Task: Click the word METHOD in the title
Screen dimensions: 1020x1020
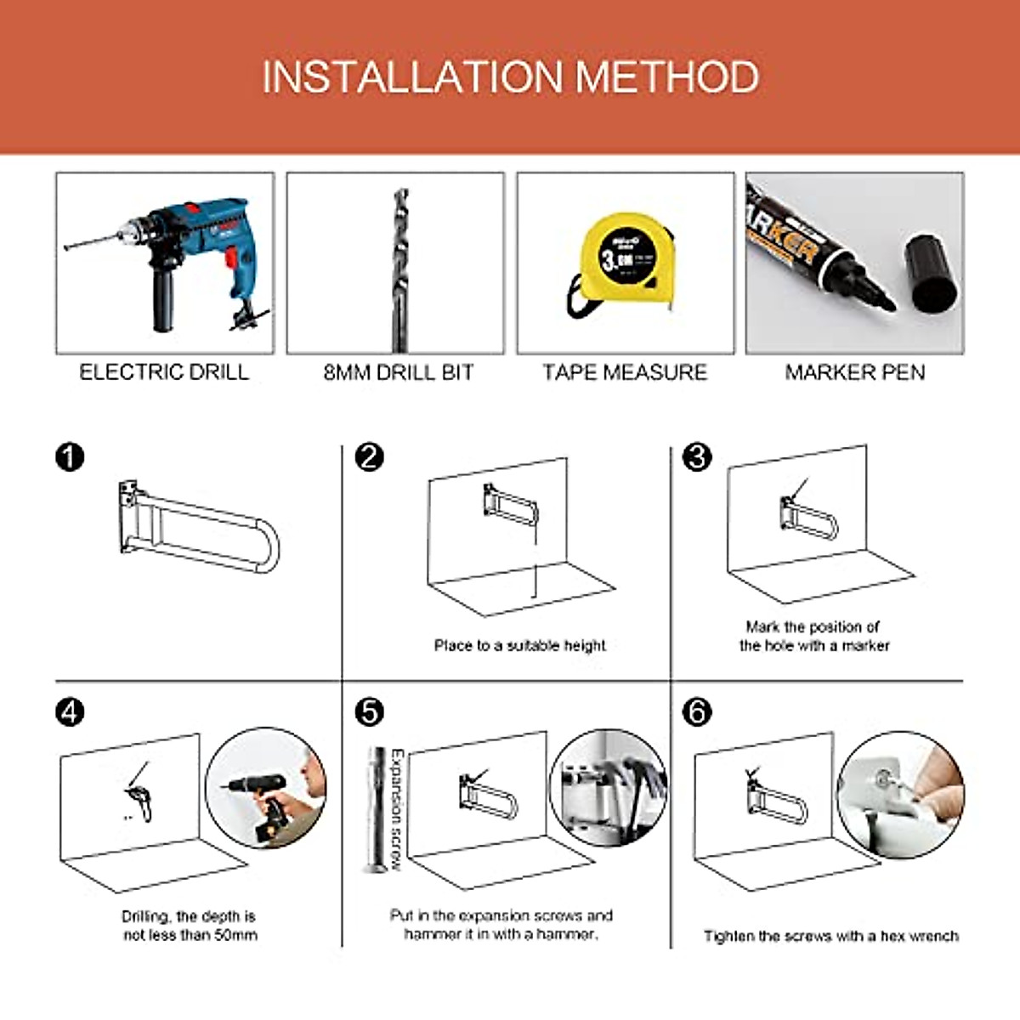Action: coord(667,77)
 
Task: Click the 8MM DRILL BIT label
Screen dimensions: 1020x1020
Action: coord(398,372)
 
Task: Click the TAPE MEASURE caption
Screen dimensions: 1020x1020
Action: coord(625,372)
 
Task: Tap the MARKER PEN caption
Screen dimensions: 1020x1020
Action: coord(854,372)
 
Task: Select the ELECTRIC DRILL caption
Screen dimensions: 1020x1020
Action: coord(164,372)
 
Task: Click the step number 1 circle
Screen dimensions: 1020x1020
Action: coord(70,456)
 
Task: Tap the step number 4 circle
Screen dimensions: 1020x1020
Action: coord(70,711)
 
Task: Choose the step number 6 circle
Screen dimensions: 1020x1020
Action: coord(697,711)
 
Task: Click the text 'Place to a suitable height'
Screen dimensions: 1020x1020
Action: coord(519,646)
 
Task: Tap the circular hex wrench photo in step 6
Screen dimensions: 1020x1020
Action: coord(901,795)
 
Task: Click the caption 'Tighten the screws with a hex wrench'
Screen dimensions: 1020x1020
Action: coord(830,936)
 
